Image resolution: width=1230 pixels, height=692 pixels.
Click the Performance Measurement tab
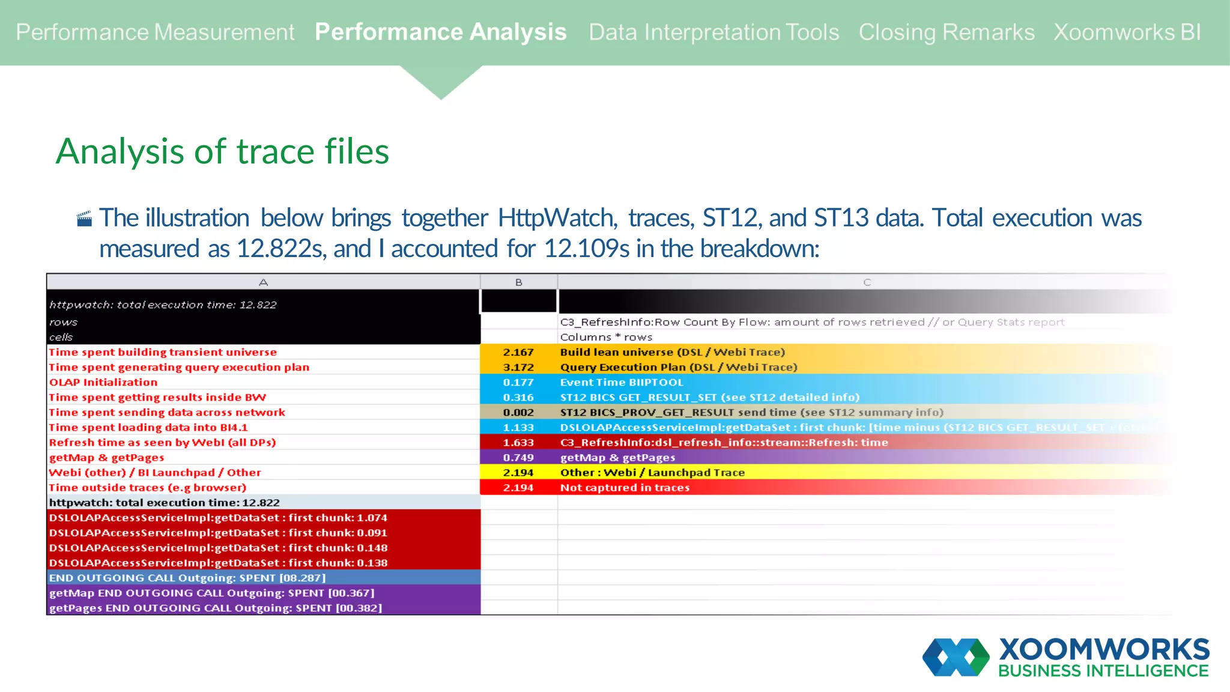155,32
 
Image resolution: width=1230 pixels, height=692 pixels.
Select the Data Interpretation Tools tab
713,32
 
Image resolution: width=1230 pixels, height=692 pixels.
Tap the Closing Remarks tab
946,32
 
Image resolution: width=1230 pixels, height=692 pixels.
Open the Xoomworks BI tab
1127,32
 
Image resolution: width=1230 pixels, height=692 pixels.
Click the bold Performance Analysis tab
440,32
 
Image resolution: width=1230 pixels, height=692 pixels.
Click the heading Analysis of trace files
222,151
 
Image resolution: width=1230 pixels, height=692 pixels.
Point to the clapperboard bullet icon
85,219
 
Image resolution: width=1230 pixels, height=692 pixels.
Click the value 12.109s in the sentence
586,248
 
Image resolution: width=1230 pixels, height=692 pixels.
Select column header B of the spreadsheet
518,282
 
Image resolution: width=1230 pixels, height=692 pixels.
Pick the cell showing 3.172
518,367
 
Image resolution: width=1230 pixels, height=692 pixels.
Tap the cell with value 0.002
518,412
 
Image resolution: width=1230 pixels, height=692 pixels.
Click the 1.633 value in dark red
518,442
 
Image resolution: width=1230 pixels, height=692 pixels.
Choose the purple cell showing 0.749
518,457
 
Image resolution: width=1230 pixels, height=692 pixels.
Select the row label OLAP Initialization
103,382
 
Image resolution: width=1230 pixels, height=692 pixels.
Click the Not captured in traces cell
625,487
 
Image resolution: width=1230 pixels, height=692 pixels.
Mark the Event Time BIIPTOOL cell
622,382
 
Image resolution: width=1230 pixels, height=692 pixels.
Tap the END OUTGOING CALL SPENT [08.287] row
187,577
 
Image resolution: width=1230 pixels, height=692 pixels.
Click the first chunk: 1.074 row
218,517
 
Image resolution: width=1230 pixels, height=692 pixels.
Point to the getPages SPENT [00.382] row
216,607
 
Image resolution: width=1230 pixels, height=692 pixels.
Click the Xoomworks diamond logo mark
956,657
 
